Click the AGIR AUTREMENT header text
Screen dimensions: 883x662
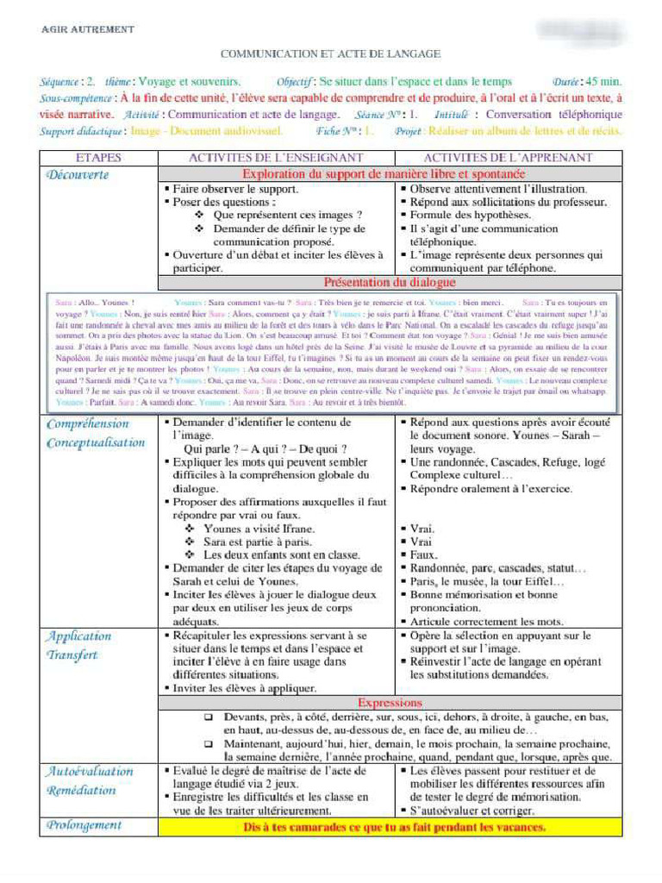tap(88, 29)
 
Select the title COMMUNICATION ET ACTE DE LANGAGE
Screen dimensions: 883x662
tap(330, 54)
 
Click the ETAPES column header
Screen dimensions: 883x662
tap(98, 158)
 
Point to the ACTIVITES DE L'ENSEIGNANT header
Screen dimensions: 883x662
tap(276, 158)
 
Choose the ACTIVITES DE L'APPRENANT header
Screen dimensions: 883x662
tap(508, 158)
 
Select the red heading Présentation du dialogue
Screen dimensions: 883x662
tap(390, 282)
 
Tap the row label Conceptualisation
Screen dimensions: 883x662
tap(96, 442)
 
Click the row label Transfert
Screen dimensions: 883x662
tap(72, 654)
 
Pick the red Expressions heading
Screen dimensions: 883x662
tap(390, 702)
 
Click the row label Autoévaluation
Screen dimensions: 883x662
tap(90, 771)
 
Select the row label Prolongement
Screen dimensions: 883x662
tap(84, 825)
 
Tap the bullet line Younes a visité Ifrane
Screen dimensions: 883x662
tap(259, 529)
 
